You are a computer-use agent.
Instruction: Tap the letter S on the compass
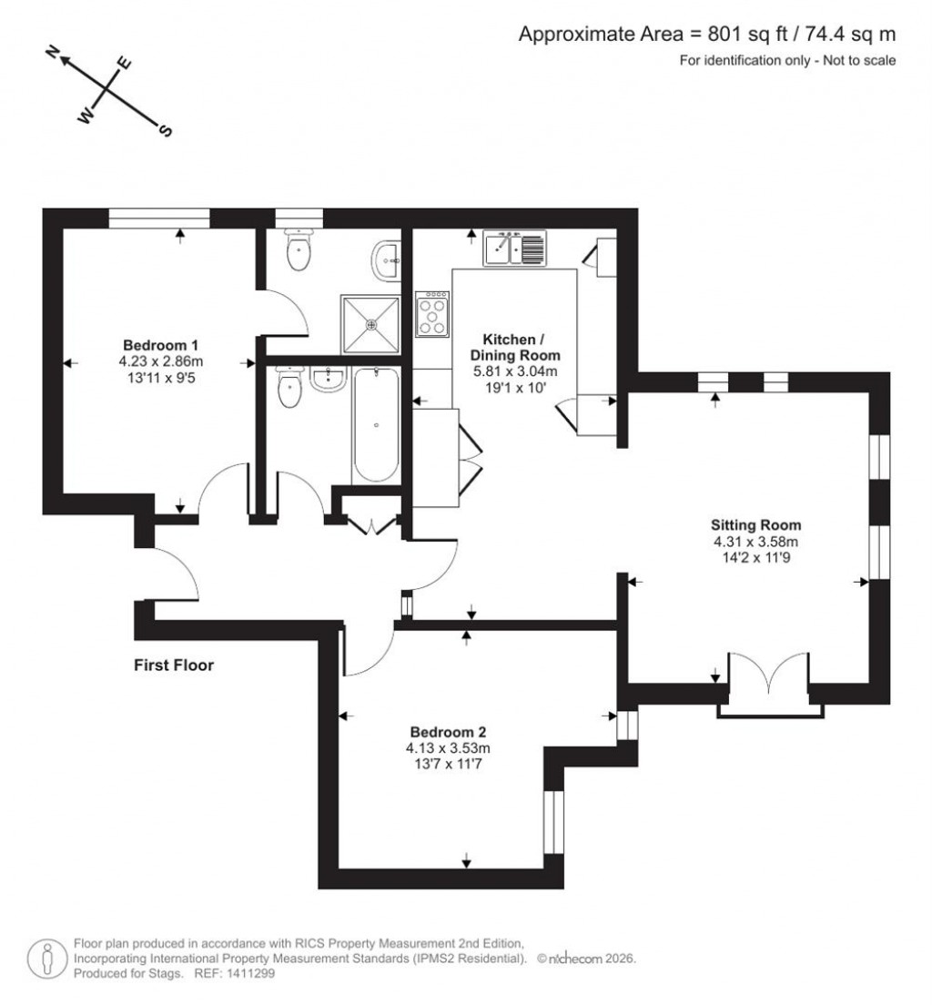click(166, 130)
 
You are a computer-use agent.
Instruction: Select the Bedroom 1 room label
click(161, 345)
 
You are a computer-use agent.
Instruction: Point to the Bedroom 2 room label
click(448, 732)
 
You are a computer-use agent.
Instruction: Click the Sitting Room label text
click(755, 524)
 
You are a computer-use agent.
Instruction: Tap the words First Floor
click(174, 665)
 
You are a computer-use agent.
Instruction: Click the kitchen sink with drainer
click(514, 248)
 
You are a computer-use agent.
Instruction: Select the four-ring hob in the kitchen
click(433, 314)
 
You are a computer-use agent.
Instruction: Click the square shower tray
click(370, 323)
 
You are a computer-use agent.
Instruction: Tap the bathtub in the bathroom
click(374, 424)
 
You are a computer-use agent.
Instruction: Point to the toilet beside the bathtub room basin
click(289, 390)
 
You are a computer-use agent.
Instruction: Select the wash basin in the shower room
click(386, 259)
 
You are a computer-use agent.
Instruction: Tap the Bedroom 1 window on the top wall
click(159, 218)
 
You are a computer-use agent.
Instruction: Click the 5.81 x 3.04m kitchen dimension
click(515, 371)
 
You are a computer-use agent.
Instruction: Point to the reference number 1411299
click(249, 973)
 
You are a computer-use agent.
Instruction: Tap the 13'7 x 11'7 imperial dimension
click(448, 765)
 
